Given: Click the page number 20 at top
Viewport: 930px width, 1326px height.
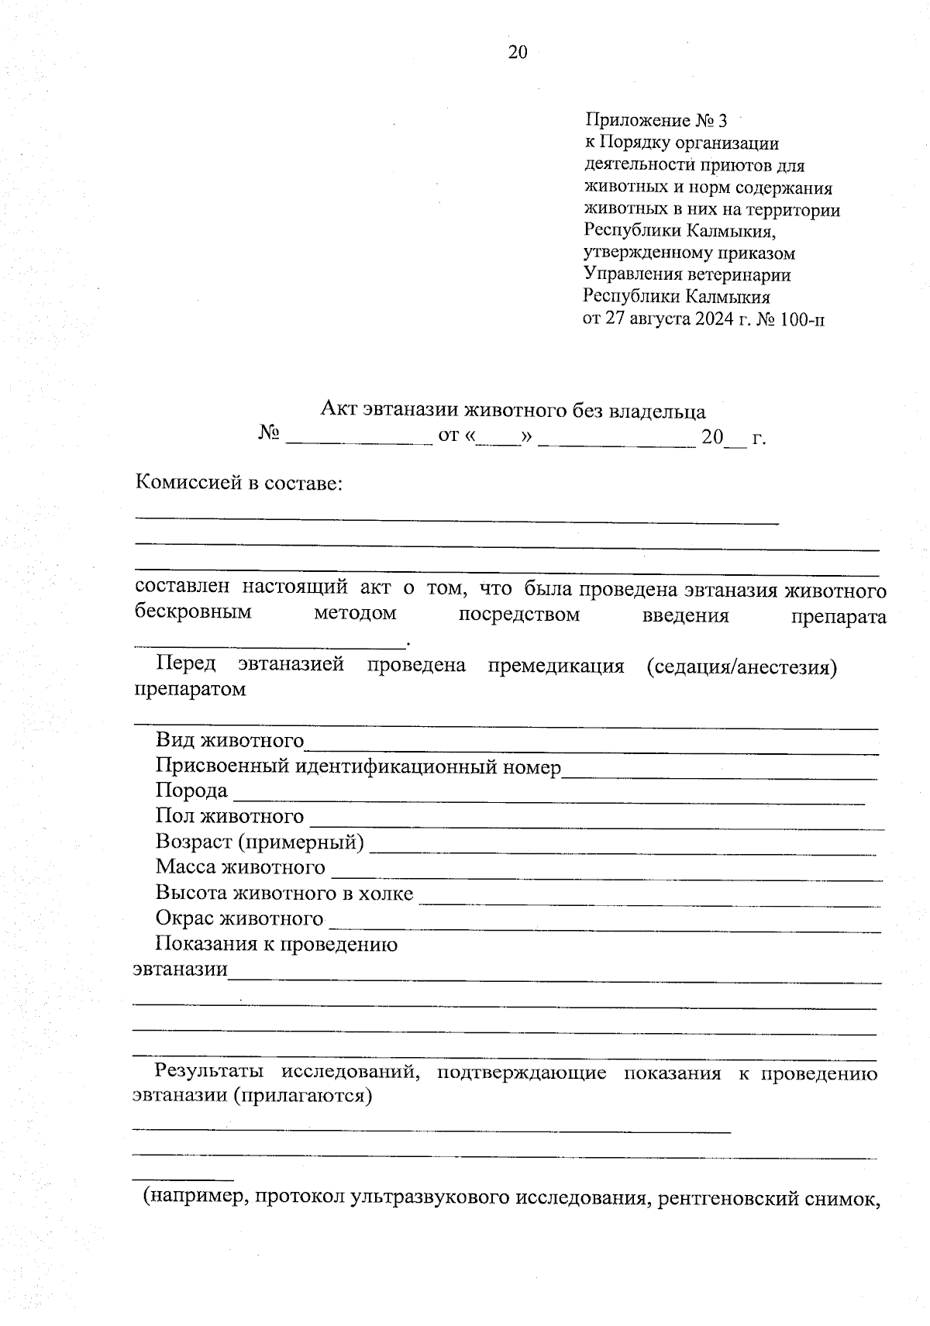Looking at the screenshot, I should [518, 52].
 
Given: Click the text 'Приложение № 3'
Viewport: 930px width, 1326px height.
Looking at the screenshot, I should [656, 121].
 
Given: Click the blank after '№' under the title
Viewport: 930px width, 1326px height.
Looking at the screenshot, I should [359, 439].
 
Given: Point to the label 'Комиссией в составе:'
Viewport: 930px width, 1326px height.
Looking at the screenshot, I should [239, 484].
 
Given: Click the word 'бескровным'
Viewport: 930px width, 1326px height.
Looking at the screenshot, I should [193, 613].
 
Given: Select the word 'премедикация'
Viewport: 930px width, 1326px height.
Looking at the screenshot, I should [556, 666].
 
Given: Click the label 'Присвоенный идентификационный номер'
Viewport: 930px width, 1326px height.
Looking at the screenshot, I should [357, 766].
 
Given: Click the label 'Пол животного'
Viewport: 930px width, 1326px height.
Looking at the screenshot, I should [229, 816].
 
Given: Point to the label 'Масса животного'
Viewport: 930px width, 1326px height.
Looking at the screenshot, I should [240, 867].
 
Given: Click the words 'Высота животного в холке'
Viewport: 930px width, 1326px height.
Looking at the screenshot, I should [284, 893].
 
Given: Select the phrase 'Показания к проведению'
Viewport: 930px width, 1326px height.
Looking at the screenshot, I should [276, 944].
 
